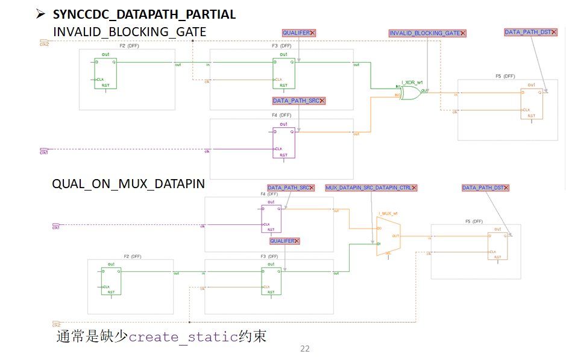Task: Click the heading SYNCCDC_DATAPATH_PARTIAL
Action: click(x=144, y=14)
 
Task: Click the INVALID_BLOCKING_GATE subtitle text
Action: click(x=130, y=31)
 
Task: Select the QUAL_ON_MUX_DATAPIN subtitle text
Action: click(x=128, y=184)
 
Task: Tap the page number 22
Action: click(x=304, y=349)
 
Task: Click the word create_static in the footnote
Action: click(x=183, y=337)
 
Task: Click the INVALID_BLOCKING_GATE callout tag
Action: click(x=427, y=33)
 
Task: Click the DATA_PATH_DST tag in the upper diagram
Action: click(x=529, y=32)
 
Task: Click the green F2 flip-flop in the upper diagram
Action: click(x=105, y=73)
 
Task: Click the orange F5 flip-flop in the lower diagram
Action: click(x=497, y=246)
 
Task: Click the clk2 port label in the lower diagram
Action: click(x=56, y=324)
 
